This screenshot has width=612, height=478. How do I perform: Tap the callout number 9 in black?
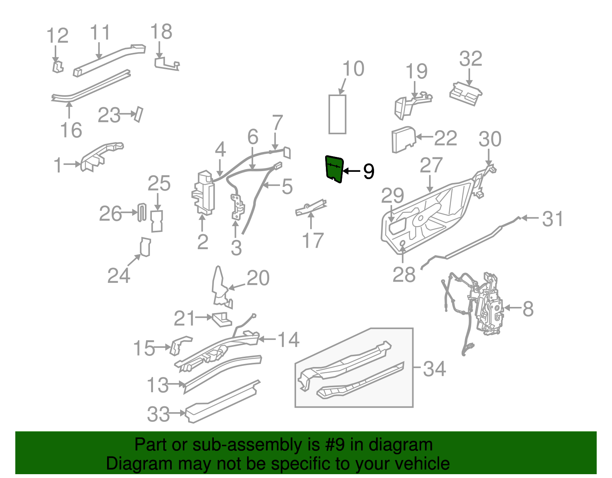point(368,171)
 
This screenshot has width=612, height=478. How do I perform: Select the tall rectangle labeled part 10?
point(337,114)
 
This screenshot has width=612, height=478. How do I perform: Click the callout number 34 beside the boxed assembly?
point(435,369)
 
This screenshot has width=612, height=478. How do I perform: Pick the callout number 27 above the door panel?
point(431,165)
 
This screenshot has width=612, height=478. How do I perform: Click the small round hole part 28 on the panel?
point(402,243)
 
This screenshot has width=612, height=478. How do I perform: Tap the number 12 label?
point(57,36)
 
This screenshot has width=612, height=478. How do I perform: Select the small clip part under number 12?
point(57,67)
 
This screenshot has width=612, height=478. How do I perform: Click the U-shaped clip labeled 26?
point(142,212)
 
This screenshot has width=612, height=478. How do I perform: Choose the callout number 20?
point(258,278)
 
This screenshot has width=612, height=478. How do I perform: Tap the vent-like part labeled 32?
point(466,93)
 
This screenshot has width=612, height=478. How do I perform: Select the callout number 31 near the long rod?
point(553,219)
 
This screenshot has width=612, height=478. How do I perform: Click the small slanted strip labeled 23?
point(138,114)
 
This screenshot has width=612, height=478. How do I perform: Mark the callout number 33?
point(158,414)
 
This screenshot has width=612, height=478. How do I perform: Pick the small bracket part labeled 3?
point(238,207)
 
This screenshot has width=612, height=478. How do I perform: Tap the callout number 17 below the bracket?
point(313,240)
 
